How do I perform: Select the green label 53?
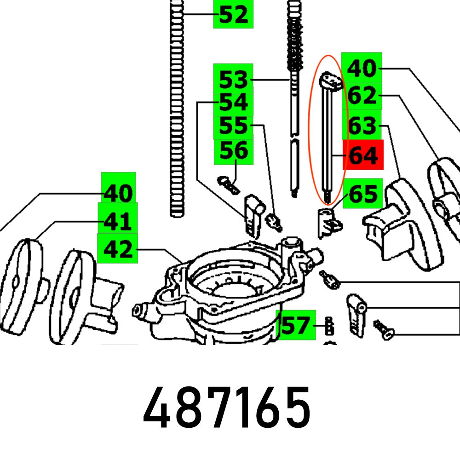(233, 80)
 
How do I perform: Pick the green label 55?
(233, 126)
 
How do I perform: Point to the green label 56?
(234, 150)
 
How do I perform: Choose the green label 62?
(362, 97)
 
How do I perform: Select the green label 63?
(362, 126)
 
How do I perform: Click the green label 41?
(118, 222)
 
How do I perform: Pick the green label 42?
(118, 250)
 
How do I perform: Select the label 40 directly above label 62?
(362, 69)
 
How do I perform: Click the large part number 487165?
(226, 407)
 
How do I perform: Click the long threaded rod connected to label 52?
(177, 115)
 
